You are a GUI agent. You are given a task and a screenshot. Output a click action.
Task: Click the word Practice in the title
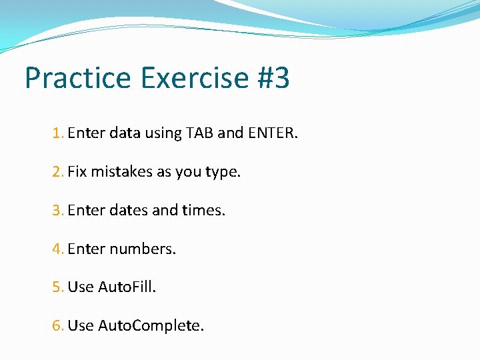tap(79, 79)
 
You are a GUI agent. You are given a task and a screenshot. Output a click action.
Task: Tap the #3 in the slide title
tap(273, 79)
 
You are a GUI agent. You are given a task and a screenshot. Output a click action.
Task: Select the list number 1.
tap(57, 133)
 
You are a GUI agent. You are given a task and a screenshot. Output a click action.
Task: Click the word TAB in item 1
tap(200, 133)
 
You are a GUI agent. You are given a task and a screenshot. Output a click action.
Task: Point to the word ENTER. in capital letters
tap(273, 133)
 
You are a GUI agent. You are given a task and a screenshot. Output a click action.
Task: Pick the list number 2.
tap(57, 172)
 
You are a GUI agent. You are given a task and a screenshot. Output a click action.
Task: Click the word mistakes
tap(121, 172)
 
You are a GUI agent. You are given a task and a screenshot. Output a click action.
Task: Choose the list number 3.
tap(57, 211)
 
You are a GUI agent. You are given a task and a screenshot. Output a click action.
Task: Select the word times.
tap(203, 211)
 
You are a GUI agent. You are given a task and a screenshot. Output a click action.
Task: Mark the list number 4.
tap(57, 249)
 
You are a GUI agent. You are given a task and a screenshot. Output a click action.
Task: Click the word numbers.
tap(143, 249)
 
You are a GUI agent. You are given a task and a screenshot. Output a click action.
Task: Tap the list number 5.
tap(57, 287)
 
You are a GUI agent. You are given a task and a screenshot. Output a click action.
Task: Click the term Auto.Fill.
tap(127, 287)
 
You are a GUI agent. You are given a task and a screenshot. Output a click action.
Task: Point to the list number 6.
tap(57, 326)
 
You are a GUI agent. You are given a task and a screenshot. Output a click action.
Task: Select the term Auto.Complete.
tap(151, 326)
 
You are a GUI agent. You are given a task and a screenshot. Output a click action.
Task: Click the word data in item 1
tap(124, 133)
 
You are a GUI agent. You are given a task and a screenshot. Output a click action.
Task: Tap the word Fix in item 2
tap(77, 172)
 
